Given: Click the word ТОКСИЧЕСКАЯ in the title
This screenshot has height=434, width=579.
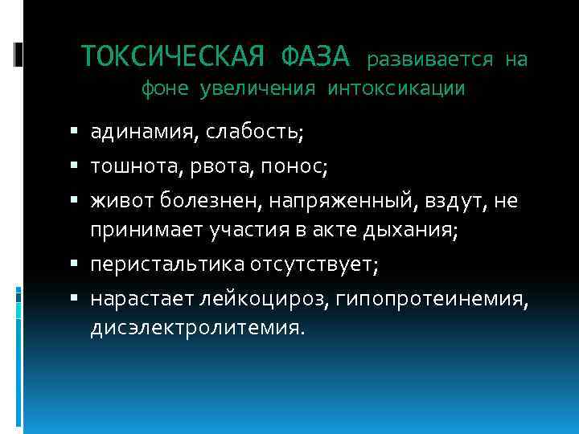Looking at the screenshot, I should coord(175,56).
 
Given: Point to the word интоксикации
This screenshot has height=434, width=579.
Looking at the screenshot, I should coord(396,88).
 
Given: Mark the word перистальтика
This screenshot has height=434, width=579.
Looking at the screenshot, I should coord(158,265).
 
